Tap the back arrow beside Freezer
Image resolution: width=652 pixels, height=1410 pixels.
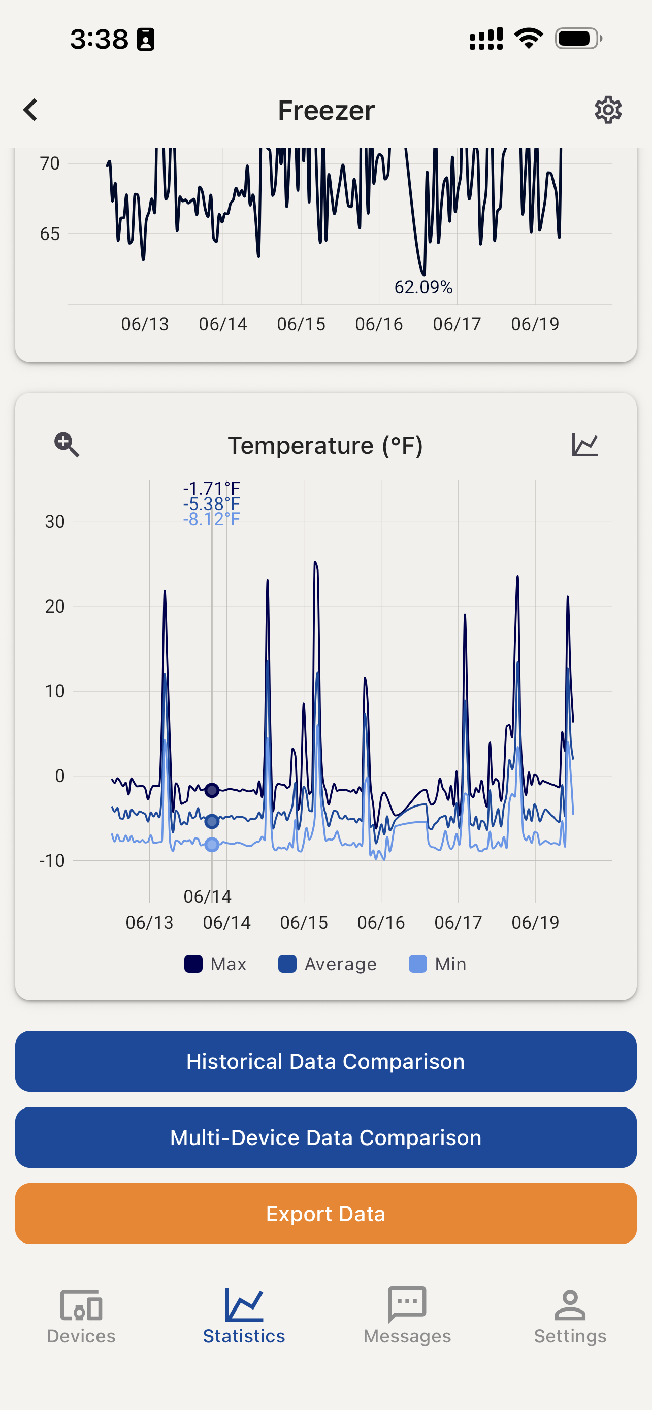click(x=30, y=110)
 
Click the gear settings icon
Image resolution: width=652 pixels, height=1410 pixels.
click(x=608, y=110)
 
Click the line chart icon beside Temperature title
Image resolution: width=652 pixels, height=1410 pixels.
click(x=584, y=445)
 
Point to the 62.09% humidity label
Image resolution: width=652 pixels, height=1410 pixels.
click(x=423, y=287)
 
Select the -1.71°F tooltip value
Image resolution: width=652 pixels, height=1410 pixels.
click(x=211, y=488)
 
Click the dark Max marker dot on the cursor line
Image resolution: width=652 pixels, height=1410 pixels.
click(x=212, y=790)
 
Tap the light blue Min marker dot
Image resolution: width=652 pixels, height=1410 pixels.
click(x=212, y=845)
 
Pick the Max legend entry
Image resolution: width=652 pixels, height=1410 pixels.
click(x=216, y=964)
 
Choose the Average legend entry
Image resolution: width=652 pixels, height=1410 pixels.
click(x=328, y=964)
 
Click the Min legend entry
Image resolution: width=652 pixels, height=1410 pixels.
click(x=437, y=964)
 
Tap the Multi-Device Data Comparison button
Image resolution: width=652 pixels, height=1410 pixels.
click(x=325, y=1137)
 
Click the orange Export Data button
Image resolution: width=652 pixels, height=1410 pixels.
click(x=325, y=1214)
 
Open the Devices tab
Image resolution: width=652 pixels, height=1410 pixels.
click(x=81, y=1315)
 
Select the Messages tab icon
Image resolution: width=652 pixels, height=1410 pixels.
click(x=407, y=1304)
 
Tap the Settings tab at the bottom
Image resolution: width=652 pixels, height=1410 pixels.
click(x=570, y=1315)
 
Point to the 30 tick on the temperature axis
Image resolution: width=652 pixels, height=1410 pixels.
click(x=55, y=522)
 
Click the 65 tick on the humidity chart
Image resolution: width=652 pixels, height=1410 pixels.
click(x=50, y=233)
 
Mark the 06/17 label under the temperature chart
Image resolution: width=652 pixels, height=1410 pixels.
click(x=458, y=922)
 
